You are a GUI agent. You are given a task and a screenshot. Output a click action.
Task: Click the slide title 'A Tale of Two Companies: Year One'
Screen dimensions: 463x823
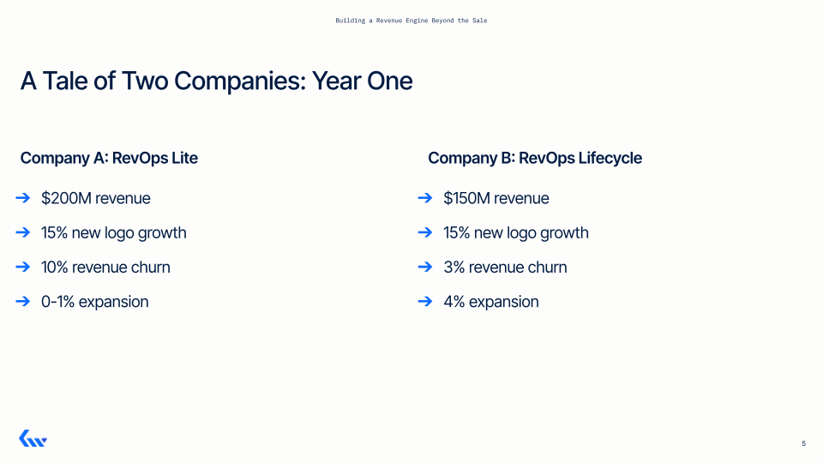click(x=216, y=81)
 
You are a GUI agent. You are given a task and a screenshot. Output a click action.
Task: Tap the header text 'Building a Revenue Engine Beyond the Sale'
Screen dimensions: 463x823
click(x=411, y=20)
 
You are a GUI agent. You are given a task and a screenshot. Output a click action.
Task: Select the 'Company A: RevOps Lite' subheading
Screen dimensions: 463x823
click(x=109, y=158)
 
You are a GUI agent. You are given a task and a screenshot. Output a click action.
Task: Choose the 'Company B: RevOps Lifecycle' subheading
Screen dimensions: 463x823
click(x=534, y=158)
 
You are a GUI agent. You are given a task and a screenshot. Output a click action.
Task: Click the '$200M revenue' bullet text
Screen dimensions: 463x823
click(x=95, y=199)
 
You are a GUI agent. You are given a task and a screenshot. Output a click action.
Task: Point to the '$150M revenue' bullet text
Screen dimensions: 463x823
click(x=496, y=199)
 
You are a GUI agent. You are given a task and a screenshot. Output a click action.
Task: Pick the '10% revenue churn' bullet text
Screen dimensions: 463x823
click(x=105, y=268)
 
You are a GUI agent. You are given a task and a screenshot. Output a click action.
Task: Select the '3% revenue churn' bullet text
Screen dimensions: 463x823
click(x=505, y=268)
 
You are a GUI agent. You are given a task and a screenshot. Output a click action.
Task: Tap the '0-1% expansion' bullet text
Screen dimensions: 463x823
click(x=94, y=302)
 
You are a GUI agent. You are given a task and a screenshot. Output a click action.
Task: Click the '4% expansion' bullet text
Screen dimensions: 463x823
click(x=490, y=302)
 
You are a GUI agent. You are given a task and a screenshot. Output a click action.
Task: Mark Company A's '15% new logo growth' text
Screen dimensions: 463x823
click(x=113, y=233)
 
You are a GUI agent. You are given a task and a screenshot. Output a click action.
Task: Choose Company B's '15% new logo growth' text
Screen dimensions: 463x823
click(x=515, y=233)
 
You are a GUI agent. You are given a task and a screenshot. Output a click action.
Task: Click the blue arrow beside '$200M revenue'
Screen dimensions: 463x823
click(x=23, y=199)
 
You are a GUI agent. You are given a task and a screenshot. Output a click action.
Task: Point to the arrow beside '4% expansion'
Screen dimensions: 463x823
click(x=424, y=302)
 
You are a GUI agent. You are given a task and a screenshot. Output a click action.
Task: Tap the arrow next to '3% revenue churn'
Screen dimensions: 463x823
click(x=424, y=268)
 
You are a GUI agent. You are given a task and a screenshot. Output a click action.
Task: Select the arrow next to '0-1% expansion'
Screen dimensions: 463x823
click(x=23, y=302)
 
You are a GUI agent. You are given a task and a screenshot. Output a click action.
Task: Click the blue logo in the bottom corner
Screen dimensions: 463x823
click(x=33, y=439)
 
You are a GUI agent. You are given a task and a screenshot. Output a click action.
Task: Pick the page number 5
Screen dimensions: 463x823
click(x=803, y=443)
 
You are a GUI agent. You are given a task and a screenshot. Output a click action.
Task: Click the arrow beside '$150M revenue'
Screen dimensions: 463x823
click(x=424, y=199)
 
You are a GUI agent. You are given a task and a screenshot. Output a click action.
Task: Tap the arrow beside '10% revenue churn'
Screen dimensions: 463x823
click(x=23, y=268)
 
